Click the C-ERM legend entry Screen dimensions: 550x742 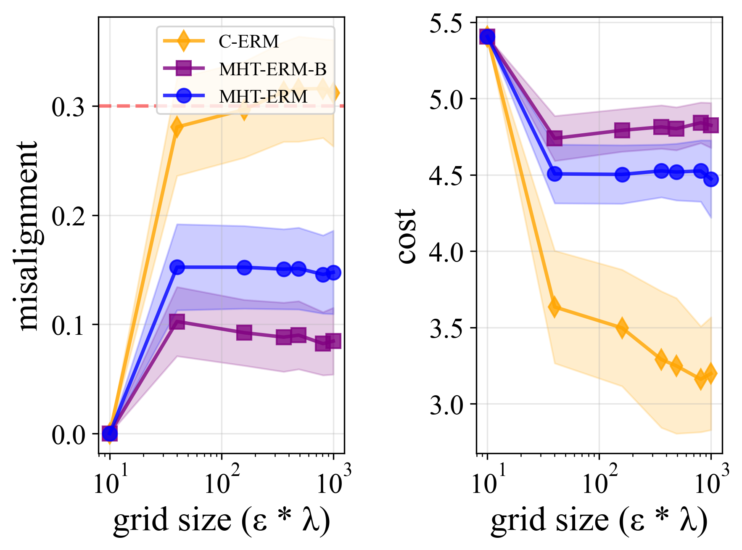click(248, 41)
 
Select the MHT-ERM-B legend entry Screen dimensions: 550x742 click(272, 69)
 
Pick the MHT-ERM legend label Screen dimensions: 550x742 click(263, 97)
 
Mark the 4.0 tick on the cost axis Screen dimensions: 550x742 click(446, 252)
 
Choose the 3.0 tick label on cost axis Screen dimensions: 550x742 click(446, 405)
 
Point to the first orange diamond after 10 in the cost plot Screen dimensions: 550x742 click(555, 307)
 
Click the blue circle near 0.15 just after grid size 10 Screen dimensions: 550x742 click(177, 267)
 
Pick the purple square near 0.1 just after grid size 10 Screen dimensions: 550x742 click(177, 322)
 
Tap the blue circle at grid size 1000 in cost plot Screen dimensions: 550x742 click(711, 180)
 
